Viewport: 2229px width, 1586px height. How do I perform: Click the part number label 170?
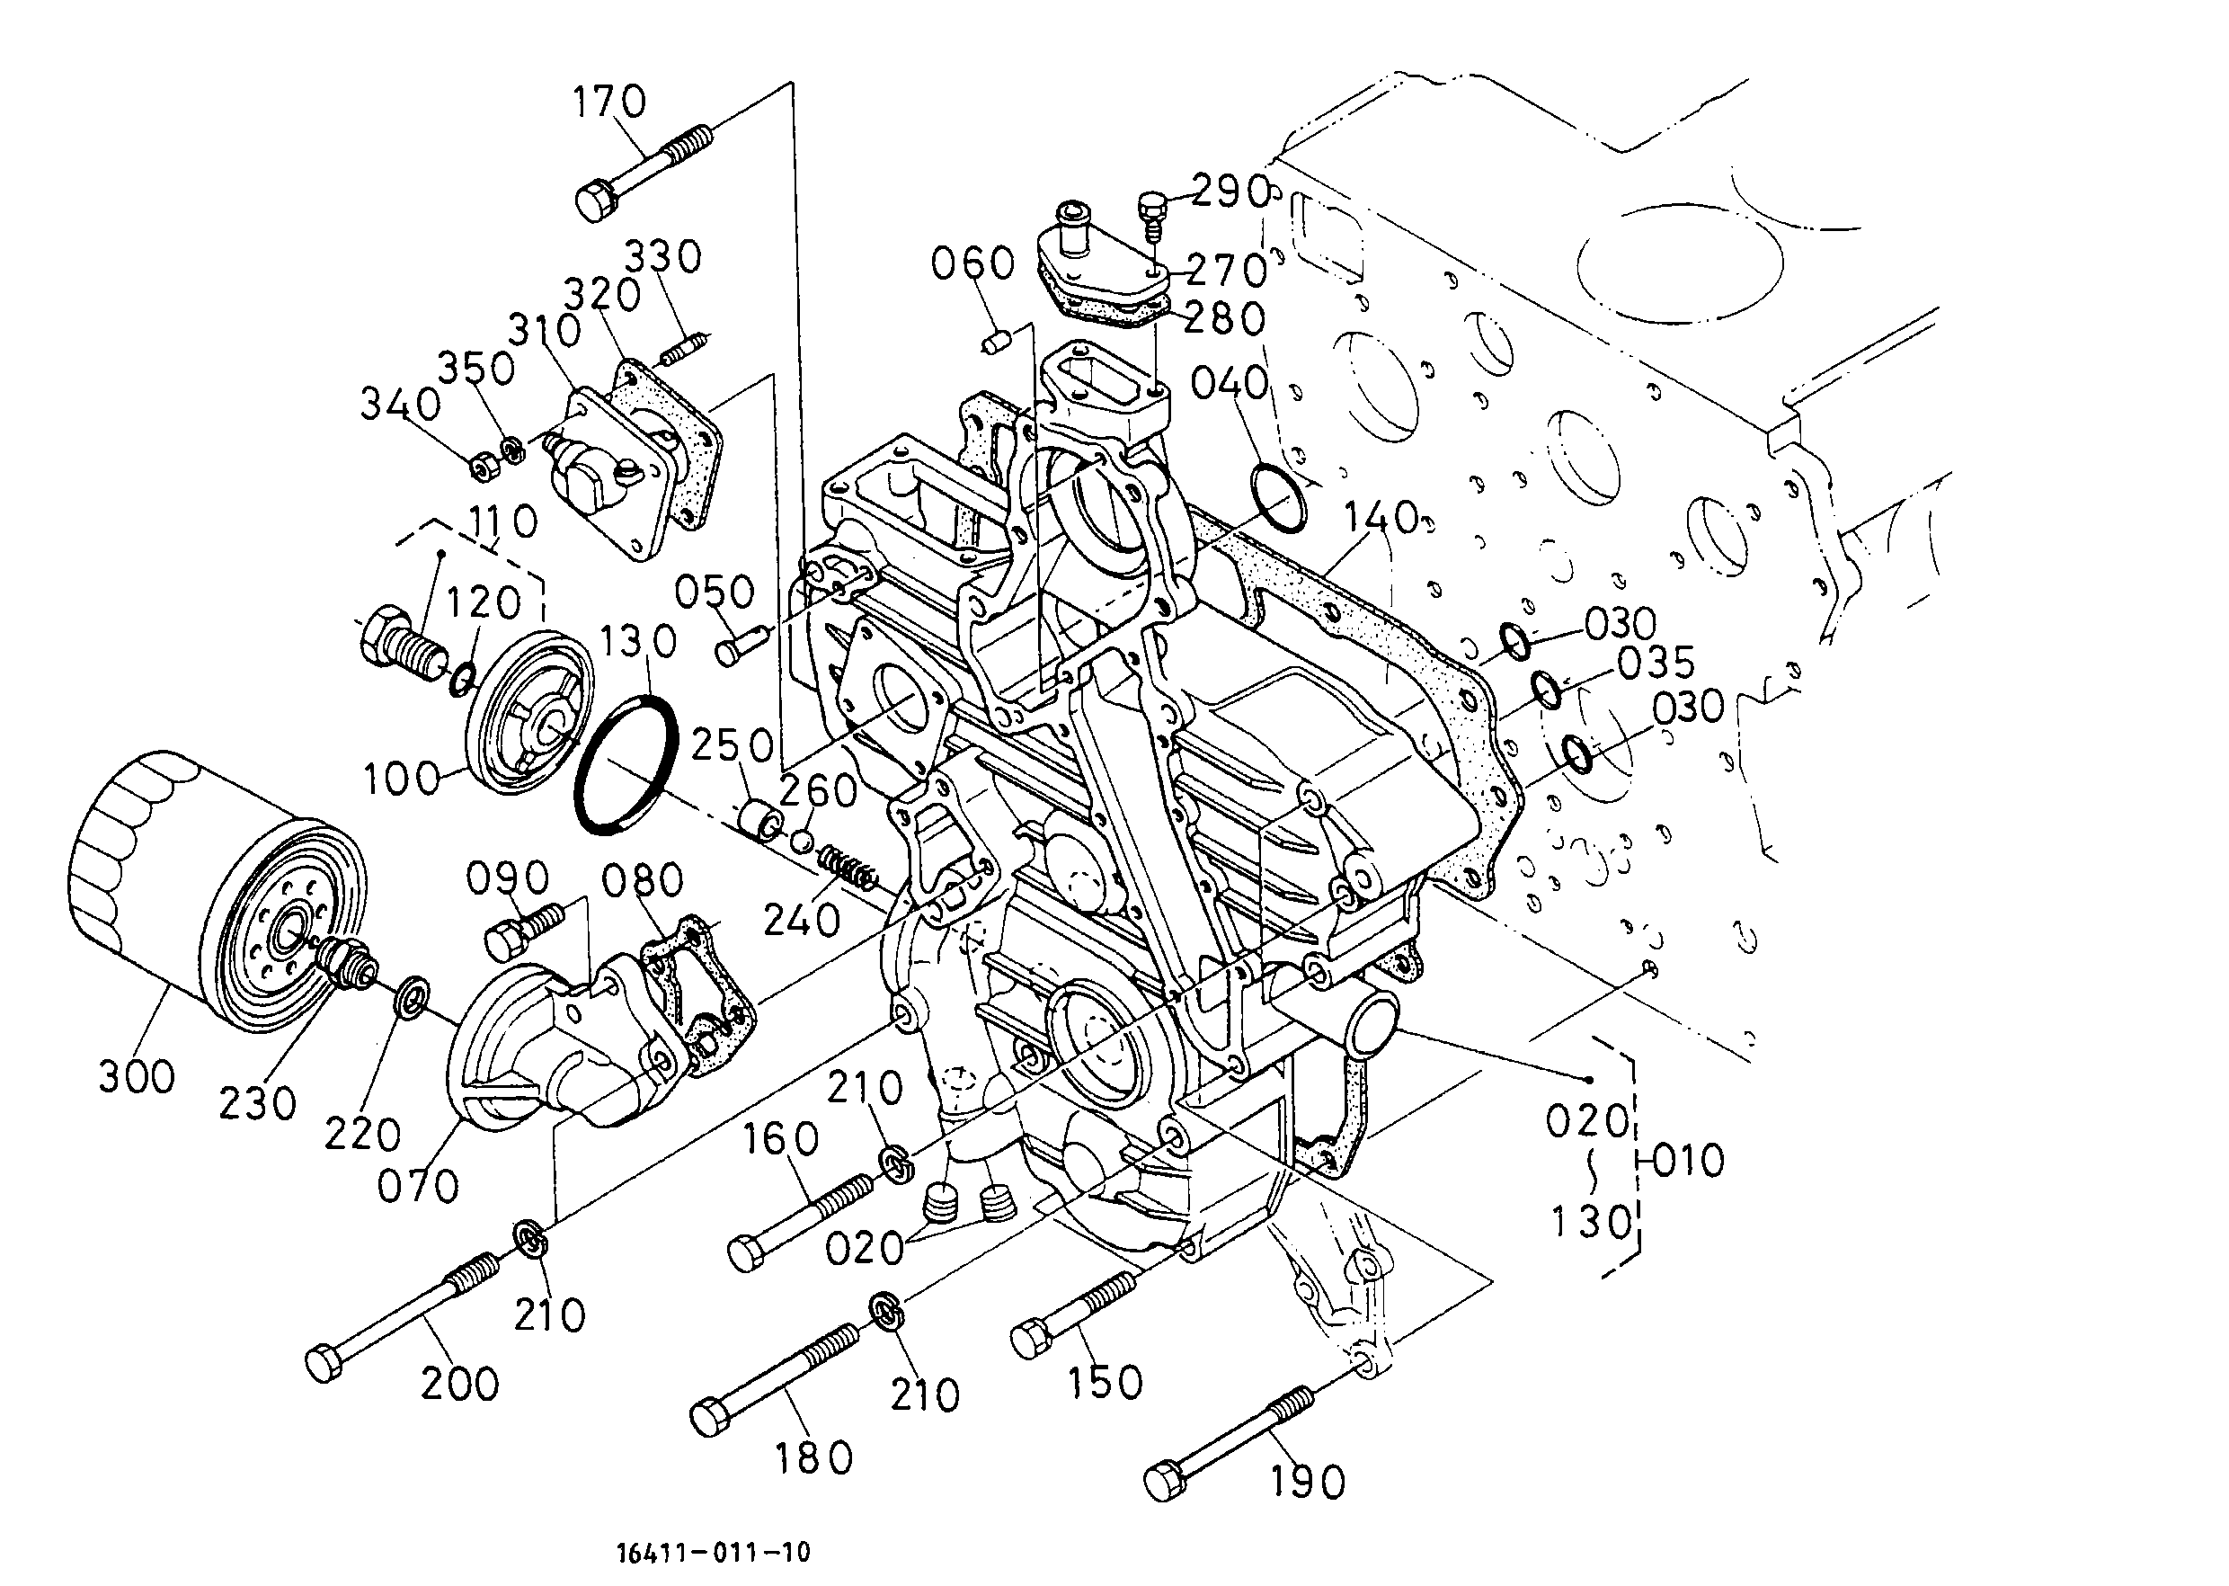tap(609, 102)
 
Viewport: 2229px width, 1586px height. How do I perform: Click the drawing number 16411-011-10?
tap(714, 1551)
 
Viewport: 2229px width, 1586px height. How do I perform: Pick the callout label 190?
tap(1308, 1483)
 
